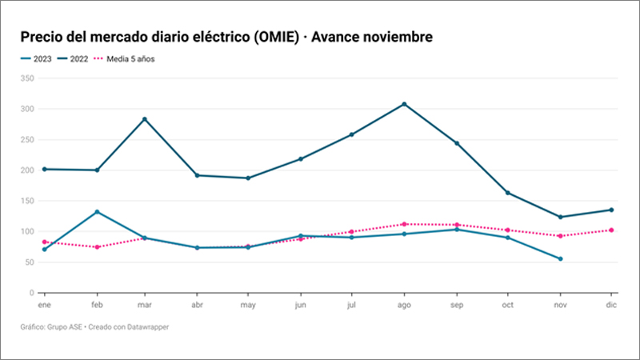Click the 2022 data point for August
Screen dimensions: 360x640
click(405, 104)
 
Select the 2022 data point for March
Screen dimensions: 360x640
click(144, 119)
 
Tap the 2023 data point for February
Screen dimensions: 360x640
click(98, 212)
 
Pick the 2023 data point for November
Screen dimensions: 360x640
click(560, 258)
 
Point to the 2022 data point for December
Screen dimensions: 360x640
click(612, 210)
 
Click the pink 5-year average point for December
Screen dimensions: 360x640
click(612, 230)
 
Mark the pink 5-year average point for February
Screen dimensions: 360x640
click(98, 247)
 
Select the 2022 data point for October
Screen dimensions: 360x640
click(508, 193)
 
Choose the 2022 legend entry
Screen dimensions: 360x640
click(76, 58)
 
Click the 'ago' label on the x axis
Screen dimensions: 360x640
click(405, 306)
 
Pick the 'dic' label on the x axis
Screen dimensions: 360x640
click(611, 306)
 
